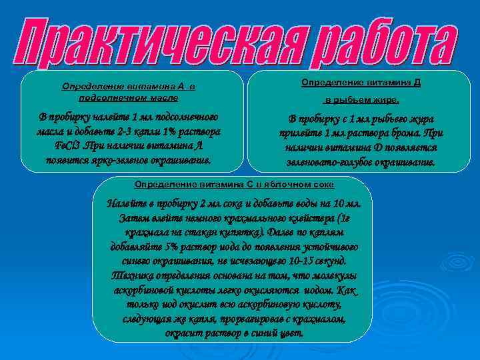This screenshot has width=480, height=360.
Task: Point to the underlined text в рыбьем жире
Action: point(361,101)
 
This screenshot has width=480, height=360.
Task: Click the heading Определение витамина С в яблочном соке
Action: point(234,183)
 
